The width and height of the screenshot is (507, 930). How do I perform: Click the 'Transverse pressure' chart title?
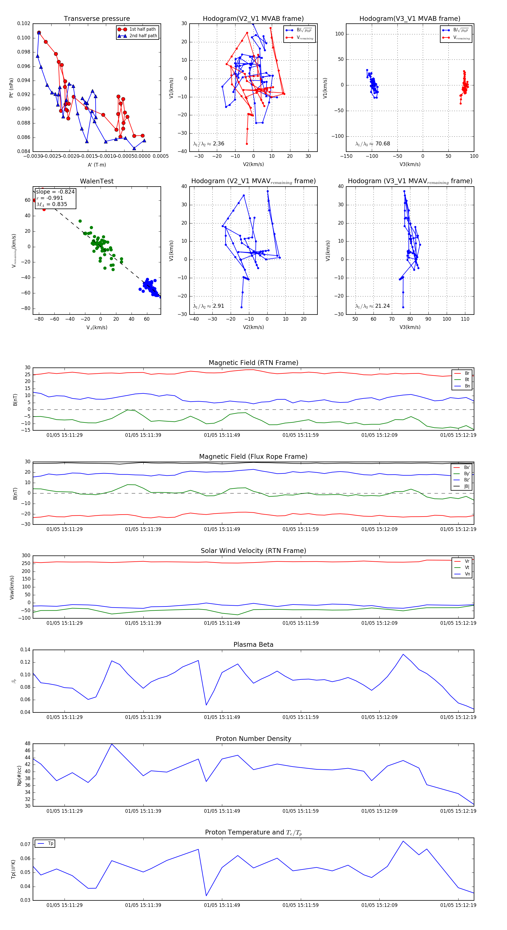tap(97, 19)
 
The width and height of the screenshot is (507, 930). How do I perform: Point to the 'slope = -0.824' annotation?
tap(55, 192)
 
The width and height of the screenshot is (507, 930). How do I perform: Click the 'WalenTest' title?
tap(97, 181)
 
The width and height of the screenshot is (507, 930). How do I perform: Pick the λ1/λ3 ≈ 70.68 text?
tap(372, 144)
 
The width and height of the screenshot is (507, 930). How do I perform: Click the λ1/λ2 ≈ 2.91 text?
tap(208, 306)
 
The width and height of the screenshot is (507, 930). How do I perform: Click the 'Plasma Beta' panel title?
tap(253, 645)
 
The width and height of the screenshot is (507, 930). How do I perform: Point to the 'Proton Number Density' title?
tap(253, 739)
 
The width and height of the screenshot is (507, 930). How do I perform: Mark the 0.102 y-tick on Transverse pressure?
tap(24, 23)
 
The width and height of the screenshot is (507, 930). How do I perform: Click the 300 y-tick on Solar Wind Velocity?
tap(26, 556)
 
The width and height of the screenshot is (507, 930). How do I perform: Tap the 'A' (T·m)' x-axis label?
tap(97, 165)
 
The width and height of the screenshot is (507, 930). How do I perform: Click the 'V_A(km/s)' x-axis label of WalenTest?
tap(97, 327)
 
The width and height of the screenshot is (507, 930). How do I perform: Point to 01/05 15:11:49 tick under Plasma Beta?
tap(222, 717)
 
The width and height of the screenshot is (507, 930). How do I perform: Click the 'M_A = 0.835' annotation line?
tap(52, 204)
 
